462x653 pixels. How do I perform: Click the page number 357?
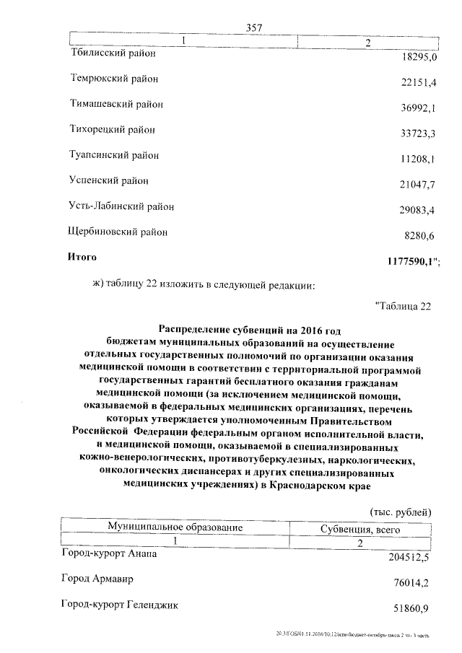coord(254,27)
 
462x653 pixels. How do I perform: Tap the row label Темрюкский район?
coord(114,79)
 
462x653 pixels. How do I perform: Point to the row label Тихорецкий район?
coord(112,130)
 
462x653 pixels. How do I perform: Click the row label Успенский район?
coord(108,181)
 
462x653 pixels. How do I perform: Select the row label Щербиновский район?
coord(117,232)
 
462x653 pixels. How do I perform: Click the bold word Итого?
coord(82,257)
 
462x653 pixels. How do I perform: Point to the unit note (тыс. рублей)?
coord(401,511)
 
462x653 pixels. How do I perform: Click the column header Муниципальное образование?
coord(175,528)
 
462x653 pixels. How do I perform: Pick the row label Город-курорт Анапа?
coord(108,554)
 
